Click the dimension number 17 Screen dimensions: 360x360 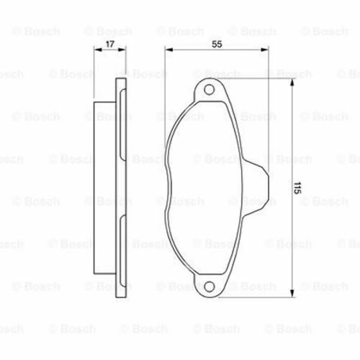click(x=110, y=44)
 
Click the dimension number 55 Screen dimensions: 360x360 click(x=217, y=44)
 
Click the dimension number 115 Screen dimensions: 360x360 click(x=297, y=188)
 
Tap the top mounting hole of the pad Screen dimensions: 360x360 click(x=209, y=90)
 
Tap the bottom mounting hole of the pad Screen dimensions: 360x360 click(x=209, y=287)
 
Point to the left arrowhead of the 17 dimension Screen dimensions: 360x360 click(x=98, y=49)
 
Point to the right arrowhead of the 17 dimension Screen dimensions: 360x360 click(x=122, y=49)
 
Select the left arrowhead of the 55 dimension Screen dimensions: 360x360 click(x=169, y=49)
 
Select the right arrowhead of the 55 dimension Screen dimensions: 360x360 click(x=265, y=49)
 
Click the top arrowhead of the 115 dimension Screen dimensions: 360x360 click(x=292, y=82)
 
